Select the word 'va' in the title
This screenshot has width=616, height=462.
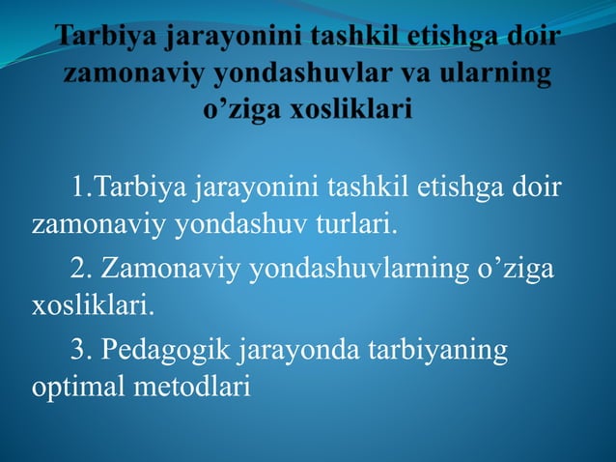pyautogui.click(x=421, y=73)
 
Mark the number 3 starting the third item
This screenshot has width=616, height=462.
pyautogui.click(x=79, y=350)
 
